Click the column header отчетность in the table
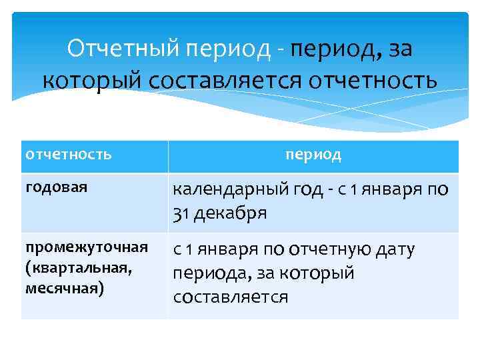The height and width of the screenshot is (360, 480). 68,155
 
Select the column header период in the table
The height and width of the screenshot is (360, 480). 313,155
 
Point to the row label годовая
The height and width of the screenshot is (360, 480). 56,187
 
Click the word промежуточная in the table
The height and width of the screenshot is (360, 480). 86,247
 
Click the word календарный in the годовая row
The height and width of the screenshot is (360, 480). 227,190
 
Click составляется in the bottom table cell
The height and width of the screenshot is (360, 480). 230,297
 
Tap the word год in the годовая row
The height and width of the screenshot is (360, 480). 307,190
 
